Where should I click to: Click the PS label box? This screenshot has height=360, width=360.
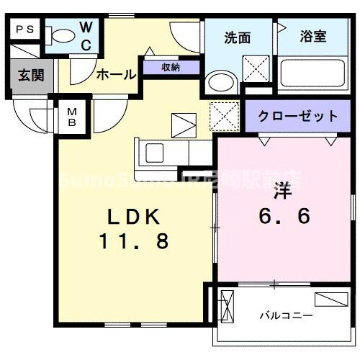coord(25,30)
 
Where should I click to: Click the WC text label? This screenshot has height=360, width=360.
coord(85,34)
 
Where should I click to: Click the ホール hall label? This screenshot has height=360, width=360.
coord(113,73)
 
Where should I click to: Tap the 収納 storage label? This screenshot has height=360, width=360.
coord(171,68)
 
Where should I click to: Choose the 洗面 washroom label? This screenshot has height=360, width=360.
coord(237,38)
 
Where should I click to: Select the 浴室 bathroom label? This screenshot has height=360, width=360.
coord(313,37)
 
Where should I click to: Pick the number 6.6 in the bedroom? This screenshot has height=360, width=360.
coord(286,215)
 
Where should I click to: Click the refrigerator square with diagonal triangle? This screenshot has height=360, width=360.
coord(183,125)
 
